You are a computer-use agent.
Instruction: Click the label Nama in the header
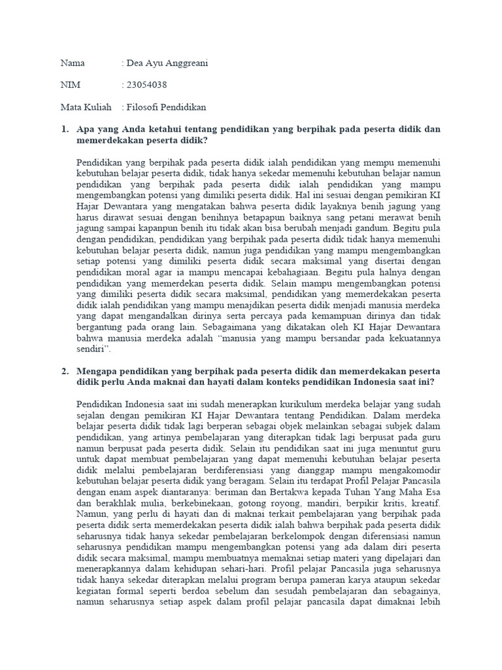[73, 63]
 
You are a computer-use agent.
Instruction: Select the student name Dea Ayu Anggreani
[167, 63]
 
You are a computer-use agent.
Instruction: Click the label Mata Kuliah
[86, 107]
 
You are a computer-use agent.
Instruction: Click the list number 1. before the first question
[65, 129]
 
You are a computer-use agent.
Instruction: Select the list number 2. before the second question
[65, 371]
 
